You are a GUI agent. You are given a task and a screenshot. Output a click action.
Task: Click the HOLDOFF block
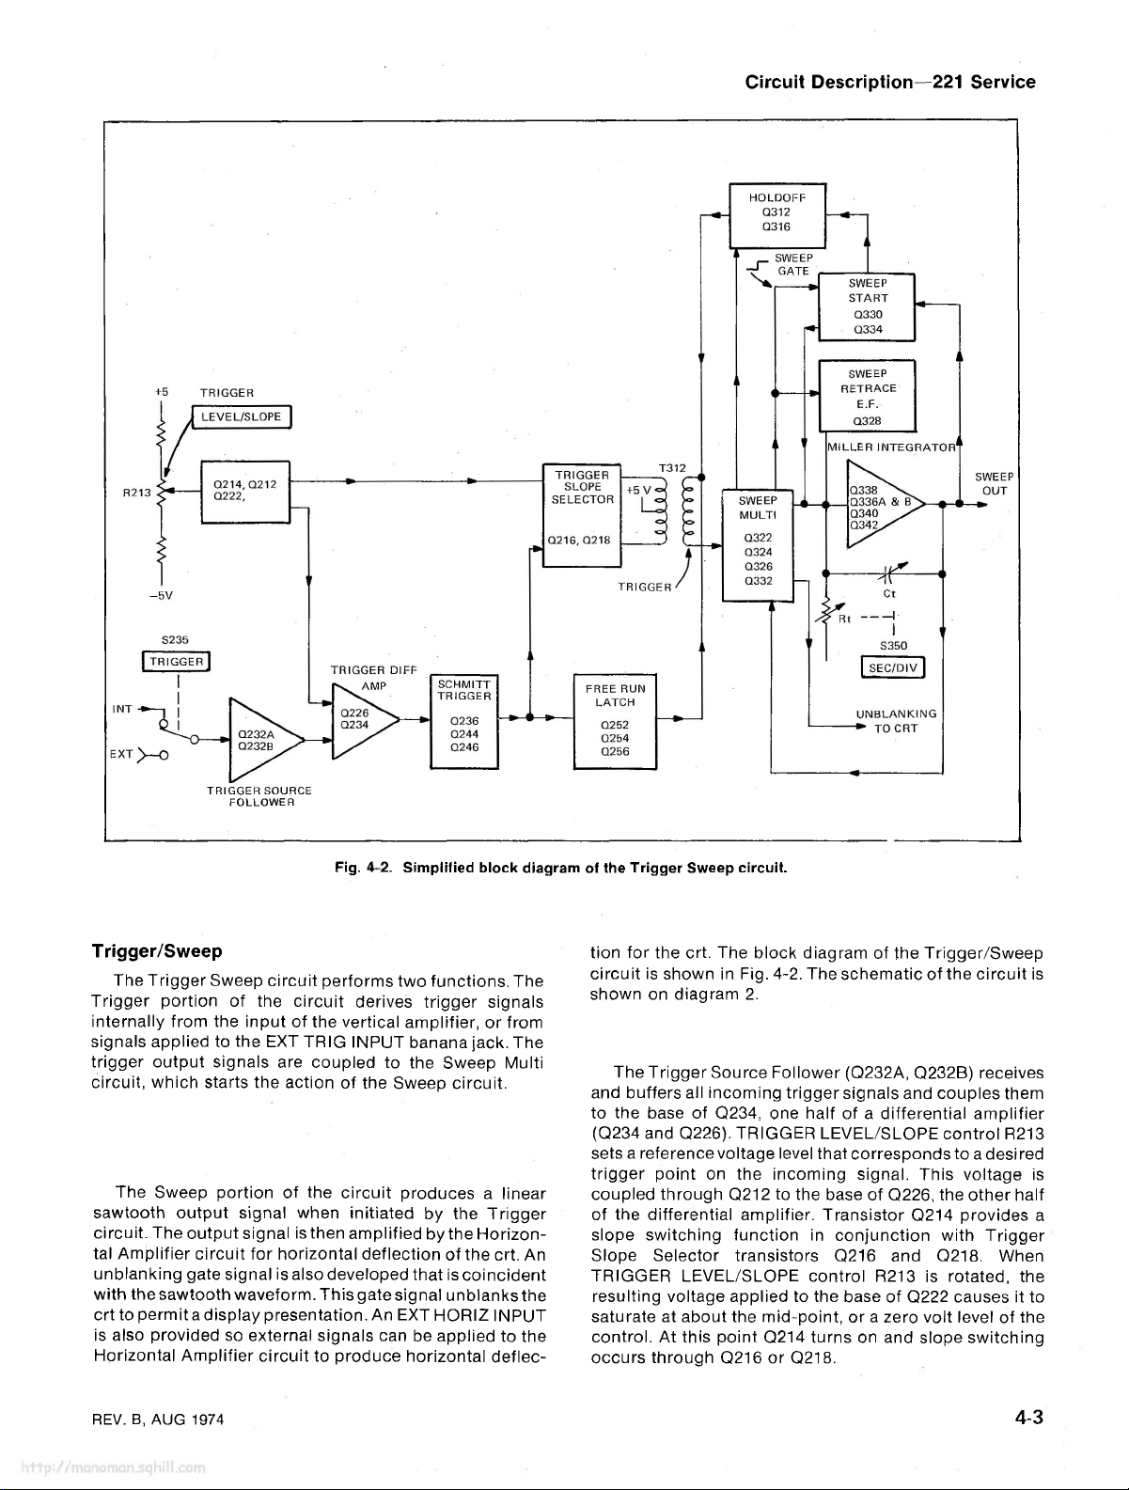tap(776, 215)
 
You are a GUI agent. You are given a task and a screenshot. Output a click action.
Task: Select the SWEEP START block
tap(867, 306)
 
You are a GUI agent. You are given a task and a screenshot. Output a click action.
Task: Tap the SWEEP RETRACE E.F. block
tap(867, 396)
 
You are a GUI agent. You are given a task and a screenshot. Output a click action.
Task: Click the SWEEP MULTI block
tap(757, 545)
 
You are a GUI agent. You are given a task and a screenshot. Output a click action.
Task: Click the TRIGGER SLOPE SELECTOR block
tap(582, 515)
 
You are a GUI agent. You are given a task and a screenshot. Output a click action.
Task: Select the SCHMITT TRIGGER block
tap(464, 721)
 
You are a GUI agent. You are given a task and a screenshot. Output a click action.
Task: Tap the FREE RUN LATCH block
tap(615, 721)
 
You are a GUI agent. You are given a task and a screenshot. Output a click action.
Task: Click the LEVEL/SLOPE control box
tap(242, 416)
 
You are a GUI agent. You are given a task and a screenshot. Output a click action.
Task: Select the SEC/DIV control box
tap(893, 667)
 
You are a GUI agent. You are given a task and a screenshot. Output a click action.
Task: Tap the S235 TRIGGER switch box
tap(177, 661)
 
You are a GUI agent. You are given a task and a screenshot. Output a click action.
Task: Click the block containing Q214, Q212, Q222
tap(245, 493)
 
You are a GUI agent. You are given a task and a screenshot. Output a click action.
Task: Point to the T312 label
tap(672, 468)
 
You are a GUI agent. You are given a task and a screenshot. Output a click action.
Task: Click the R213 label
tap(136, 493)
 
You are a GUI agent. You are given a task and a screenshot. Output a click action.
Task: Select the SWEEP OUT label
tap(994, 483)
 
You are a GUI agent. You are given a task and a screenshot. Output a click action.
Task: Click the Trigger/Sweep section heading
tap(157, 951)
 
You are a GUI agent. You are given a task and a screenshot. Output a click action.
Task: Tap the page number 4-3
tap(1028, 1418)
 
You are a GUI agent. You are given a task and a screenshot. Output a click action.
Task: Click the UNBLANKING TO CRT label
tap(896, 721)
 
